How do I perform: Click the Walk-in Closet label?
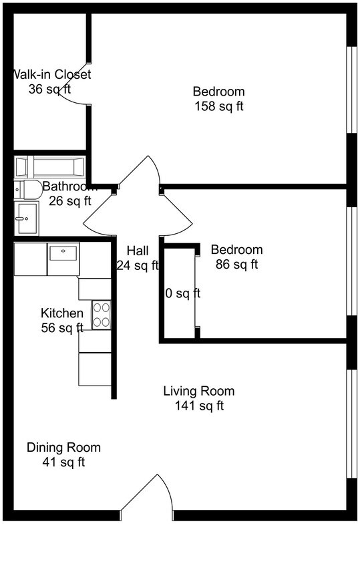point(51,74)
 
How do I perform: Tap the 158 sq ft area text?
point(218,106)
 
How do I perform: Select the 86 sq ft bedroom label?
point(236,250)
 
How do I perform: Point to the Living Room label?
point(199,391)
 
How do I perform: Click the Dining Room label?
point(63,447)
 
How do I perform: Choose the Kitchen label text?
point(62,313)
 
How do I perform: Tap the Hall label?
point(138,251)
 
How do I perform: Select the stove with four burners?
point(101,315)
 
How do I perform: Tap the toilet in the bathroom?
point(27,190)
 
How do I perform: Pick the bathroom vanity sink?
point(27,218)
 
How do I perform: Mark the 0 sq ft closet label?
point(182,293)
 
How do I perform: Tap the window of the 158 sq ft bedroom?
point(351,90)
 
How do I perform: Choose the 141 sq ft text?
point(199,406)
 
